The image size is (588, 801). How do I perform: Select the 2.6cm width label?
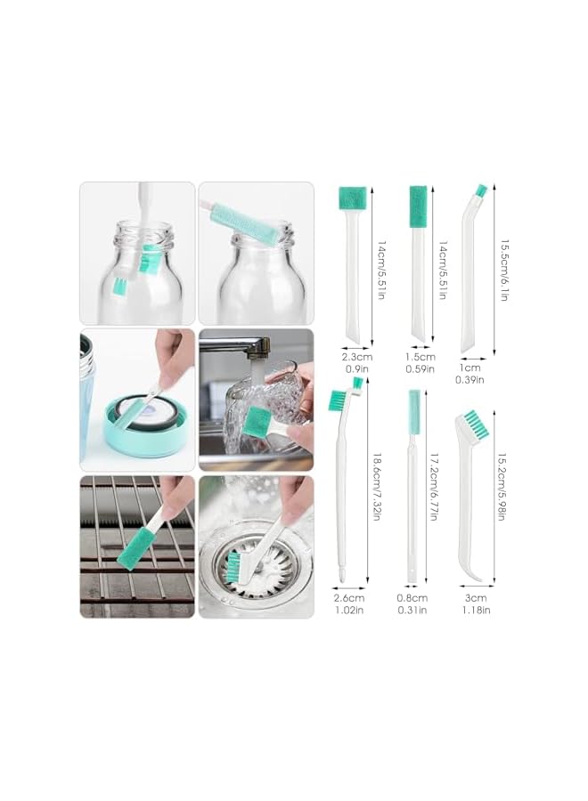pyautogui.click(x=347, y=598)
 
